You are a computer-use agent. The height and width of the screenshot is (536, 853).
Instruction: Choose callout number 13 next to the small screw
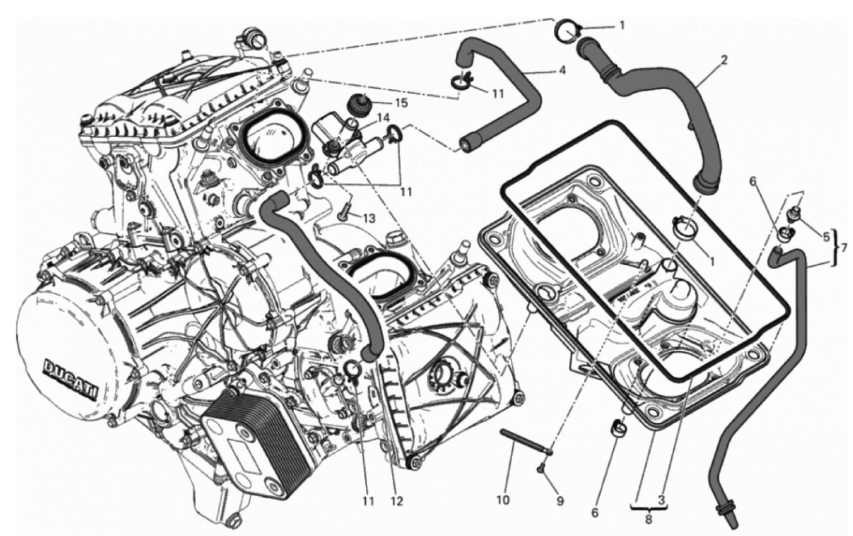tap(369, 219)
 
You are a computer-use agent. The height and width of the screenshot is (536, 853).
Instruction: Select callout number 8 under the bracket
tap(648, 519)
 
